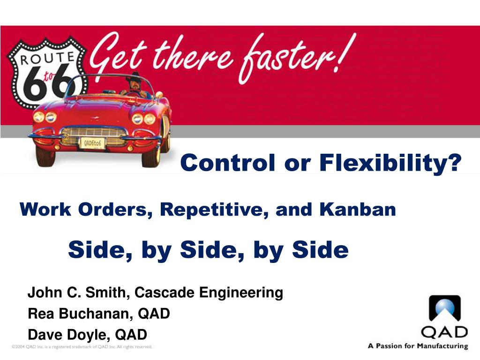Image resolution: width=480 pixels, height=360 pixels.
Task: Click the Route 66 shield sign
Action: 46,72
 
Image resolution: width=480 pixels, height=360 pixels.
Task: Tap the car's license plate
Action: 92,143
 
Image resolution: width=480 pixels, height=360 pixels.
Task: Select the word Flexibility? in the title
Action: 390,163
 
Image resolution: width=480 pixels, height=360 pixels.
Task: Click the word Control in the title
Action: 227,162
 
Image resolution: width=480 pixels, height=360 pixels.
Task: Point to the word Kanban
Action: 357,210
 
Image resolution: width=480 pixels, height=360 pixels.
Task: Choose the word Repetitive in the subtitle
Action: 214,210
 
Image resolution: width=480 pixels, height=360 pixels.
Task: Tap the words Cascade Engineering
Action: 209,293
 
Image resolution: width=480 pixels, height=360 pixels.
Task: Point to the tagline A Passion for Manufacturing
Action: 418,346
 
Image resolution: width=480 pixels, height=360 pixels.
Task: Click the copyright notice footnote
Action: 82,347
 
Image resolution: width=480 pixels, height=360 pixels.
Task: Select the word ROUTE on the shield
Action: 47,58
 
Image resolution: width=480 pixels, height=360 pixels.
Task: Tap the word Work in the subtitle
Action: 45,210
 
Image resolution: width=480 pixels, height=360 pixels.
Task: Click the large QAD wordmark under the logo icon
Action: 444,332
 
